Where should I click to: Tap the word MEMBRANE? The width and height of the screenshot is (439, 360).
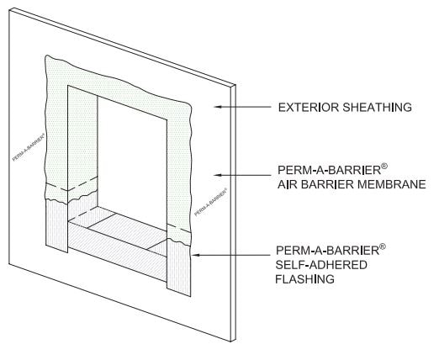pyautogui.click(x=387, y=184)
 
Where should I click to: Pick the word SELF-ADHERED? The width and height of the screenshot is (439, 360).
pyautogui.click(x=321, y=265)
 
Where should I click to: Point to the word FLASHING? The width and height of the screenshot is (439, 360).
pyautogui.click(x=304, y=279)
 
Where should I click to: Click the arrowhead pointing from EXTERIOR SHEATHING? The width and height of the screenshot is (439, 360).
pyautogui.click(x=218, y=107)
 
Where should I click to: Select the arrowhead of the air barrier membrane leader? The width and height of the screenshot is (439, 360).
pyautogui.click(x=218, y=175)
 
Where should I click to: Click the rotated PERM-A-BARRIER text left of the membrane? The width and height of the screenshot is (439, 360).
pyautogui.click(x=29, y=146)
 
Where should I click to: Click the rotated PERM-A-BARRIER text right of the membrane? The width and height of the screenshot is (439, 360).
pyautogui.click(x=211, y=202)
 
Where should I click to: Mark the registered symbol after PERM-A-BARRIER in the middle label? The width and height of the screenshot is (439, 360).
pyautogui.click(x=384, y=167)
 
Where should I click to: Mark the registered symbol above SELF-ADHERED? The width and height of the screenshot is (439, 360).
pyautogui.click(x=383, y=246)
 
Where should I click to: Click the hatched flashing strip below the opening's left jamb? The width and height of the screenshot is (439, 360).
pyautogui.click(x=56, y=225)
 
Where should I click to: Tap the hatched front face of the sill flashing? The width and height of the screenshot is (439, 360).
pyautogui.click(x=118, y=251)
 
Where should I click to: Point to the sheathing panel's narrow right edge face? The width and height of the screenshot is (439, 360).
pyautogui.click(x=233, y=213)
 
